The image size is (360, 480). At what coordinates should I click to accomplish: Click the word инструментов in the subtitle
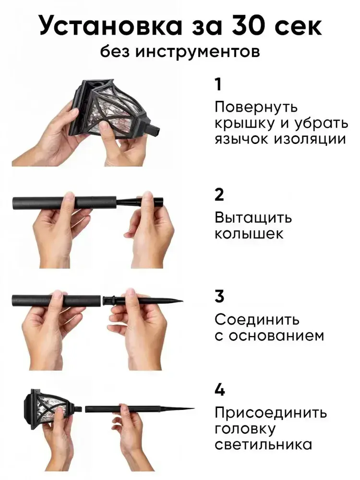click(197, 52)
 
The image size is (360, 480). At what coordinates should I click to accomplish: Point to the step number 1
click(218, 84)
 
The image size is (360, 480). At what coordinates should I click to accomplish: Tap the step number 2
click(219, 195)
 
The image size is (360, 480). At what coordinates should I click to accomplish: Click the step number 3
click(219, 297)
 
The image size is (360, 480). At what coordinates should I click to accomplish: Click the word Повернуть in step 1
click(256, 108)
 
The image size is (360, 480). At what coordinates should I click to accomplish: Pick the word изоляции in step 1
click(310, 140)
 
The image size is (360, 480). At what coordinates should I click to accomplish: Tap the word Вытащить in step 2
click(253, 218)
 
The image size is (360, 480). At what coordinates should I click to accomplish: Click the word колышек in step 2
click(249, 234)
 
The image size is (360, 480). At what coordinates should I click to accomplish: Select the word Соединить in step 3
click(257, 320)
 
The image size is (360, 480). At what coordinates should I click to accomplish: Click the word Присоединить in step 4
click(271, 413)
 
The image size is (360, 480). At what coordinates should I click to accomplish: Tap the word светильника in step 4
click(263, 445)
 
